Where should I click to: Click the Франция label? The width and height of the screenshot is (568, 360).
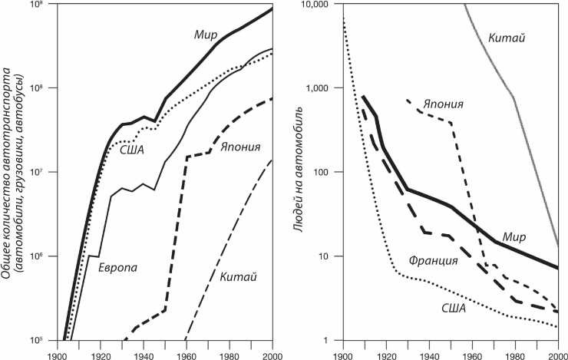pos(433,261)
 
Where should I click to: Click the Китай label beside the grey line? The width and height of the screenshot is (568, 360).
pos(506,37)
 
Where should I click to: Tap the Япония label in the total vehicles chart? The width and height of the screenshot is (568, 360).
pos(239,147)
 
